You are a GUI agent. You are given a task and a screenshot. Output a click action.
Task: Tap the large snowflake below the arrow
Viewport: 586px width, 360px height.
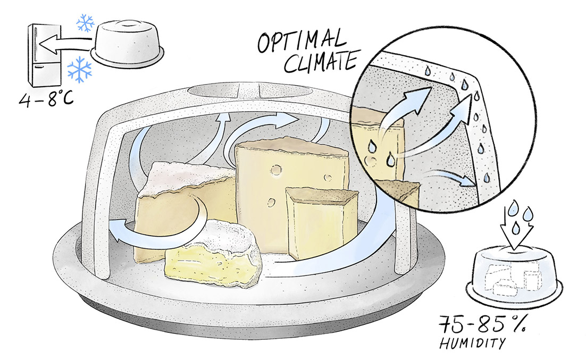pyautogui.click(x=80, y=70)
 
